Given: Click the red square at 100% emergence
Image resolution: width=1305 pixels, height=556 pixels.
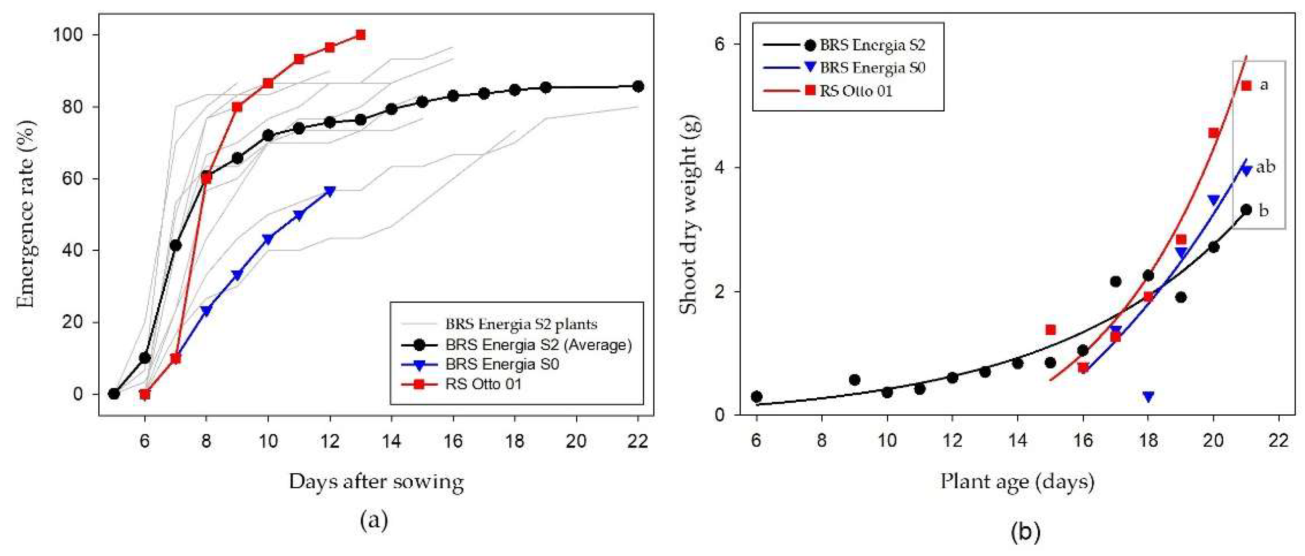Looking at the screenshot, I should coord(360,35).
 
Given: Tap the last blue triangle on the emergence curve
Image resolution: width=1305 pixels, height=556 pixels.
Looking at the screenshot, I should coord(330,191).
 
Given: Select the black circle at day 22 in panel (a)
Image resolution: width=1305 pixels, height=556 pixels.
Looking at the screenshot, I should coord(638,86).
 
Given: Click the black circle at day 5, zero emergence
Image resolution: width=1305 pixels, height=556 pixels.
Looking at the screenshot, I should coord(114,394).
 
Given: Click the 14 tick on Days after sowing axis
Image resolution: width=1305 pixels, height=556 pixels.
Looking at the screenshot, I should coord(391,441).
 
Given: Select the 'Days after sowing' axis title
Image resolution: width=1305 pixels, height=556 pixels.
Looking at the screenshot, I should coord(376,481).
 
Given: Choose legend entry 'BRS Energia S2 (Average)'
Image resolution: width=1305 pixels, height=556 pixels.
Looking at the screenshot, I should coord(538,345).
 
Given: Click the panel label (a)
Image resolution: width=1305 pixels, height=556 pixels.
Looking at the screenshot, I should coord(374,520).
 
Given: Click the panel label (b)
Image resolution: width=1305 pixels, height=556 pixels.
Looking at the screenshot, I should coord(1025,532).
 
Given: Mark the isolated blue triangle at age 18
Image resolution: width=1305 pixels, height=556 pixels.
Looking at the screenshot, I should coord(1148,396).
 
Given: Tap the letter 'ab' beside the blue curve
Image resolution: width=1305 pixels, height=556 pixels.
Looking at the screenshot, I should coord(1265,166).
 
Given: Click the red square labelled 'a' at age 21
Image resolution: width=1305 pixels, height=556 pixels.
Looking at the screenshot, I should coord(1246,86).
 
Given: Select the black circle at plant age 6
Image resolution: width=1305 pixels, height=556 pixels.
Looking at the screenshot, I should coord(756,396).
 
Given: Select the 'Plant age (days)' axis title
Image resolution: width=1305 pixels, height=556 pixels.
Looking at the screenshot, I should coord(1017,481).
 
